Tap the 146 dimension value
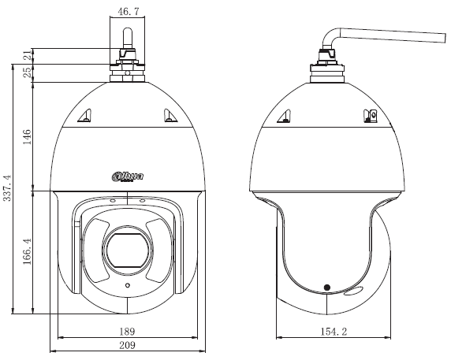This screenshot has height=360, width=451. click(x=26, y=137)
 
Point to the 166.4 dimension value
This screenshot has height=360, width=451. click(x=26, y=252)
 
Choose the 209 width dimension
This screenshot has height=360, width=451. click(x=126, y=345)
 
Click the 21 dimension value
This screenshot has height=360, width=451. click(x=26, y=54)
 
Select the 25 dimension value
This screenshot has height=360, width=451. click(x=26, y=72)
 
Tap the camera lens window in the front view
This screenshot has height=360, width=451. click(x=127, y=247)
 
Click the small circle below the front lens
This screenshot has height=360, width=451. click(x=127, y=284)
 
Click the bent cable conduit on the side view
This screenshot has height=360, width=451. click(x=386, y=35)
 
